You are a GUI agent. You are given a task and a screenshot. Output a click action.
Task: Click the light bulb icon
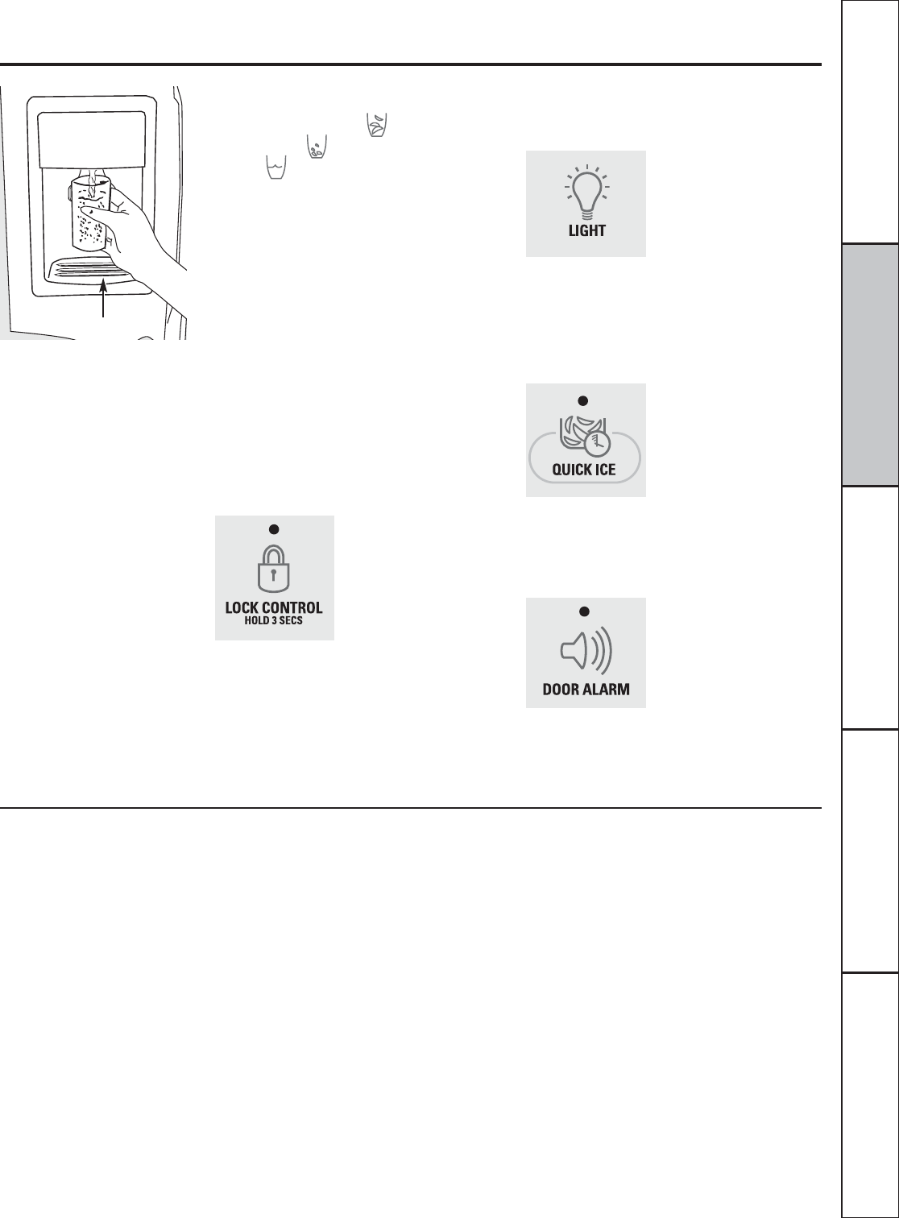point(586,193)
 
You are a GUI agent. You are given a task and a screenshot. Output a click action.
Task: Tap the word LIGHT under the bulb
point(586,230)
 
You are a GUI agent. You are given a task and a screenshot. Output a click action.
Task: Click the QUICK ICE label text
point(584,470)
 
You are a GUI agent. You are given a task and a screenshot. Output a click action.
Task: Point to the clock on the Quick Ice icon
point(597,443)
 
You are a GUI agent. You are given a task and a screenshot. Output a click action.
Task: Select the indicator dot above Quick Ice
point(583,401)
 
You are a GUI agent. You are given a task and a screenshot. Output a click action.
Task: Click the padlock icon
point(274,569)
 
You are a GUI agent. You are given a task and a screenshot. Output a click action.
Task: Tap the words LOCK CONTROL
point(274,607)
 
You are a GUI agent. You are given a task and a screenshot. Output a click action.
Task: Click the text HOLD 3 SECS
point(274,620)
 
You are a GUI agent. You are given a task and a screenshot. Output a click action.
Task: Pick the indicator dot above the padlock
point(274,529)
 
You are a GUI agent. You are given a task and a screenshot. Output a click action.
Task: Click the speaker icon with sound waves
point(586,651)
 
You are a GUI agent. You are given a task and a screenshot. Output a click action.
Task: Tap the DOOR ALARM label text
point(586,690)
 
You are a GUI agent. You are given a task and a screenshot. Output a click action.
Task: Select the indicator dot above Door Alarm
point(584,611)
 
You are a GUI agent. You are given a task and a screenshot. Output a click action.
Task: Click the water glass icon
point(276,167)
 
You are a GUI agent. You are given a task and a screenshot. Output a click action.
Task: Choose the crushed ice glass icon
point(317,147)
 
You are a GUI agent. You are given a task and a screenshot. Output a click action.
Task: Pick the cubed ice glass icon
point(377,125)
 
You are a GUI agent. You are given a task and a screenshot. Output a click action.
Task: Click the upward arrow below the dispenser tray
point(102,298)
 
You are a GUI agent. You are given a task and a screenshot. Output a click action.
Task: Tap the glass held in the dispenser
point(91,211)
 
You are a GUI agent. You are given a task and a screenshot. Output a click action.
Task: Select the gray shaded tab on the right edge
point(871,365)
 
